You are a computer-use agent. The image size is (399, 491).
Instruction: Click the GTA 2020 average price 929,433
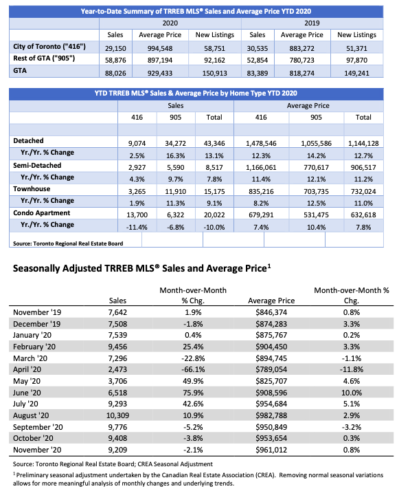pyautogui.click(x=160, y=73)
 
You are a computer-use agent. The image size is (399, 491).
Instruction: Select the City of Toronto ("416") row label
pyautogui.click(x=49, y=46)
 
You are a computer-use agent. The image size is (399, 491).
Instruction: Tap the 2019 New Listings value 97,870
pyautogui.click(x=356, y=60)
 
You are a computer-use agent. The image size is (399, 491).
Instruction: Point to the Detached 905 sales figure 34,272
pyautogui.click(x=175, y=144)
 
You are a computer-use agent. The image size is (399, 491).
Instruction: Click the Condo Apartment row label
pyautogui.click(x=42, y=213)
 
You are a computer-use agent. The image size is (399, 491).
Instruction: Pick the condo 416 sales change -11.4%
pyautogui.click(x=137, y=227)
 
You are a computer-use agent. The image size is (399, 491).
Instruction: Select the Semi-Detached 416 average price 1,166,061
pyautogui.click(x=261, y=167)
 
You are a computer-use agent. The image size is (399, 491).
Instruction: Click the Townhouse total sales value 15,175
pyautogui.click(x=214, y=191)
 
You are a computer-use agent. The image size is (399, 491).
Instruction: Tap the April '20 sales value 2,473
pyautogui.click(x=117, y=369)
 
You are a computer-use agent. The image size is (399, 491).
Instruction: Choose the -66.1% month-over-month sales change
pyautogui.click(x=193, y=369)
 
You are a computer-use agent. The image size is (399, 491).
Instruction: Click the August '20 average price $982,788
pyautogui.click(x=271, y=415)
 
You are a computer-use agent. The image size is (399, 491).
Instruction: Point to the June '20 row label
pyautogui.click(x=27, y=393)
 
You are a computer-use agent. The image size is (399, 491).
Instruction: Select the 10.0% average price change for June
pyautogui.click(x=352, y=393)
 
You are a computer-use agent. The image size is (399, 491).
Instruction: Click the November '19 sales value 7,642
pyautogui.click(x=117, y=312)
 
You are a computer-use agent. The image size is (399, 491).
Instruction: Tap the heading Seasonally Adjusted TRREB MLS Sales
pyautogui.click(x=141, y=268)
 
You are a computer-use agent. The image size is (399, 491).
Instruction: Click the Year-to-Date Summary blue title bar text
pyautogui.click(x=196, y=11)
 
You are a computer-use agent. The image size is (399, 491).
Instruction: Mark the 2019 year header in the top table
pyautogui.click(x=312, y=23)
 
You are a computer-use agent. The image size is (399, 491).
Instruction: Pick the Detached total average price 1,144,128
pyautogui.click(x=363, y=144)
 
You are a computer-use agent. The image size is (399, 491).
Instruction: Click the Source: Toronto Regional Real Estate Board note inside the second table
pyautogui.click(x=68, y=243)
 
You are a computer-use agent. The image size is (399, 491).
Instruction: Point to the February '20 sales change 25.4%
pyautogui.click(x=193, y=347)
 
